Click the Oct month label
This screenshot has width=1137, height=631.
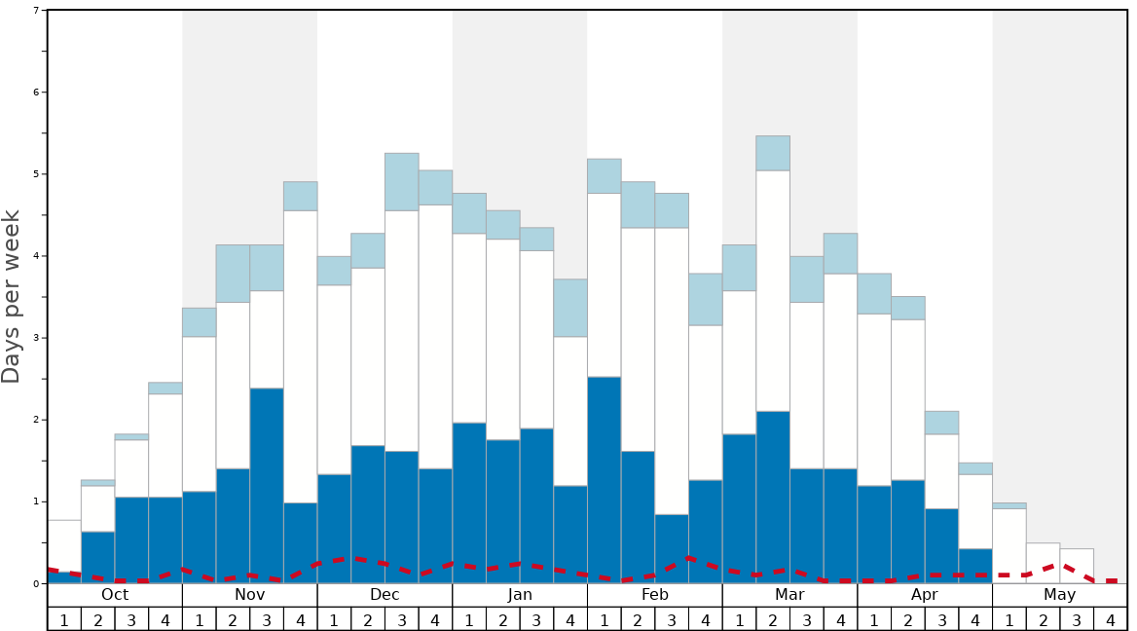[x=115, y=595]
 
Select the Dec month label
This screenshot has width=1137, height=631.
[x=385, y=595]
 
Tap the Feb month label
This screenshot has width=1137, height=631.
[x=655, y=595]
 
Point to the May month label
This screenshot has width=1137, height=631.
[x=1060, y=595]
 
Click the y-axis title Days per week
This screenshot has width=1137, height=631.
[x=12, y=297]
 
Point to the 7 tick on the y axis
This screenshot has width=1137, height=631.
[x=36, y=11]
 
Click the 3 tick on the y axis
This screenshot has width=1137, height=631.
[x=36, y=338]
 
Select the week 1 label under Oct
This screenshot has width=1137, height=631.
[x=64, y=619]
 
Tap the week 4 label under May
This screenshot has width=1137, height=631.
[x=1111, y=619]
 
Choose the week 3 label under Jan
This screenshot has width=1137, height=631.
[x=536, y=619]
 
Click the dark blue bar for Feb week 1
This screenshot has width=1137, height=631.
[x=605, y=479]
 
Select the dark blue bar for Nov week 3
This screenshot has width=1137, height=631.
[x=267, y=485]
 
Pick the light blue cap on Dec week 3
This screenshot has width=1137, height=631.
[x=402, y=181]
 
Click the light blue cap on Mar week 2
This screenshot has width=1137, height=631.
[x=773, y=153]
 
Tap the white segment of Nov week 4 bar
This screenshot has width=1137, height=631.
[x=301, y=356]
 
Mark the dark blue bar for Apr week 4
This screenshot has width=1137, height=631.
[x=975, y=566]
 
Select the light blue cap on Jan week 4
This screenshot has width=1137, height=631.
[x=570, y=308]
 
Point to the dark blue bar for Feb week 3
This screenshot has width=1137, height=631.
[x=672, y=548]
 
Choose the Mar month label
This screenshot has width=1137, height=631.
[x=789, y=595]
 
